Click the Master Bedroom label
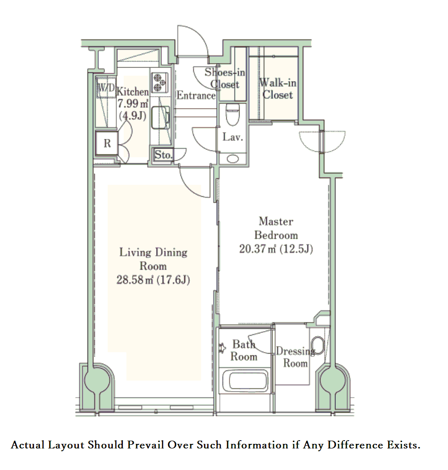(x=276, y=228)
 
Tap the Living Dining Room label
(x=153, y=259)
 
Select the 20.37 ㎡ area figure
(x=257, y=249)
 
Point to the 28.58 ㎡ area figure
(x=135, y=280)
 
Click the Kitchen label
(x=132, y=91)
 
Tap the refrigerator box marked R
(x=107, y=143)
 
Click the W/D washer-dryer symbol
(x=106, y=88)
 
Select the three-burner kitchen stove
(x=159, y=83)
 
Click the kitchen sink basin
(x=160, y=117)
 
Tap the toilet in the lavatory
(x=232, y=115)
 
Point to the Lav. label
(x=232, y=137)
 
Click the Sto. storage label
(x=163, y=155)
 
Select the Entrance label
(x=196, y=95)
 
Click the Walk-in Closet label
(x=278, y=88)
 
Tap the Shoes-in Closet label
(x=225, y=78)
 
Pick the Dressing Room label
(x=295, y=357)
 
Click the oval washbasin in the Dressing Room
(x=318, y=346)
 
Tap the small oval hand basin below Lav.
(x=233, y=159)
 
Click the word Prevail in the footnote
(x=146, y=445)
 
